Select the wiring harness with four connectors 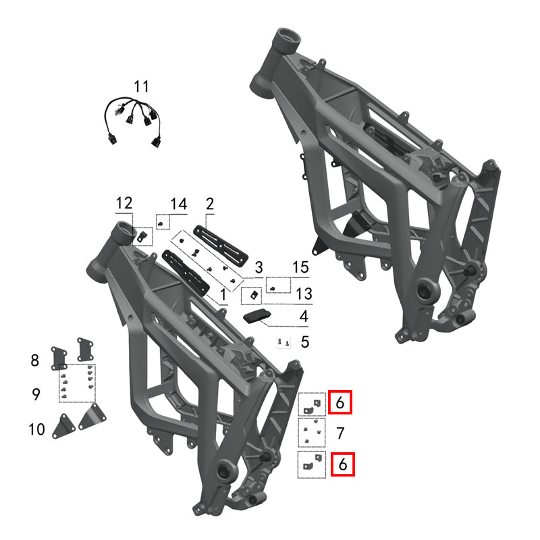134,119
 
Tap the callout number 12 124,203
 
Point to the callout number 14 178,203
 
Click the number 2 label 209,203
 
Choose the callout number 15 300,268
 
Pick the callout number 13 304,294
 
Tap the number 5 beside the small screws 304,342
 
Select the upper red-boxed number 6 340,403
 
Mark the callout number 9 36,394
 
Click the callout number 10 36,429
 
